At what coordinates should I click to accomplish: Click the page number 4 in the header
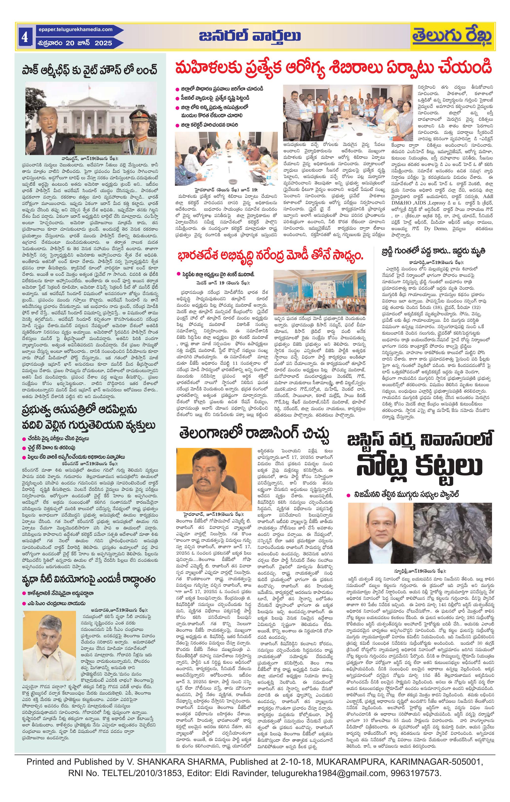tap(24, 37)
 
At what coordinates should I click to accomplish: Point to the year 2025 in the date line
tap(103, 43)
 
